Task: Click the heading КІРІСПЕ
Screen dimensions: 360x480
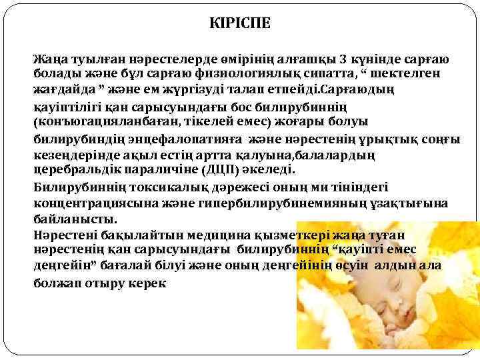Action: coord(239,23)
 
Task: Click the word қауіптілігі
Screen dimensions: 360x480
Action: coord(67,107)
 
